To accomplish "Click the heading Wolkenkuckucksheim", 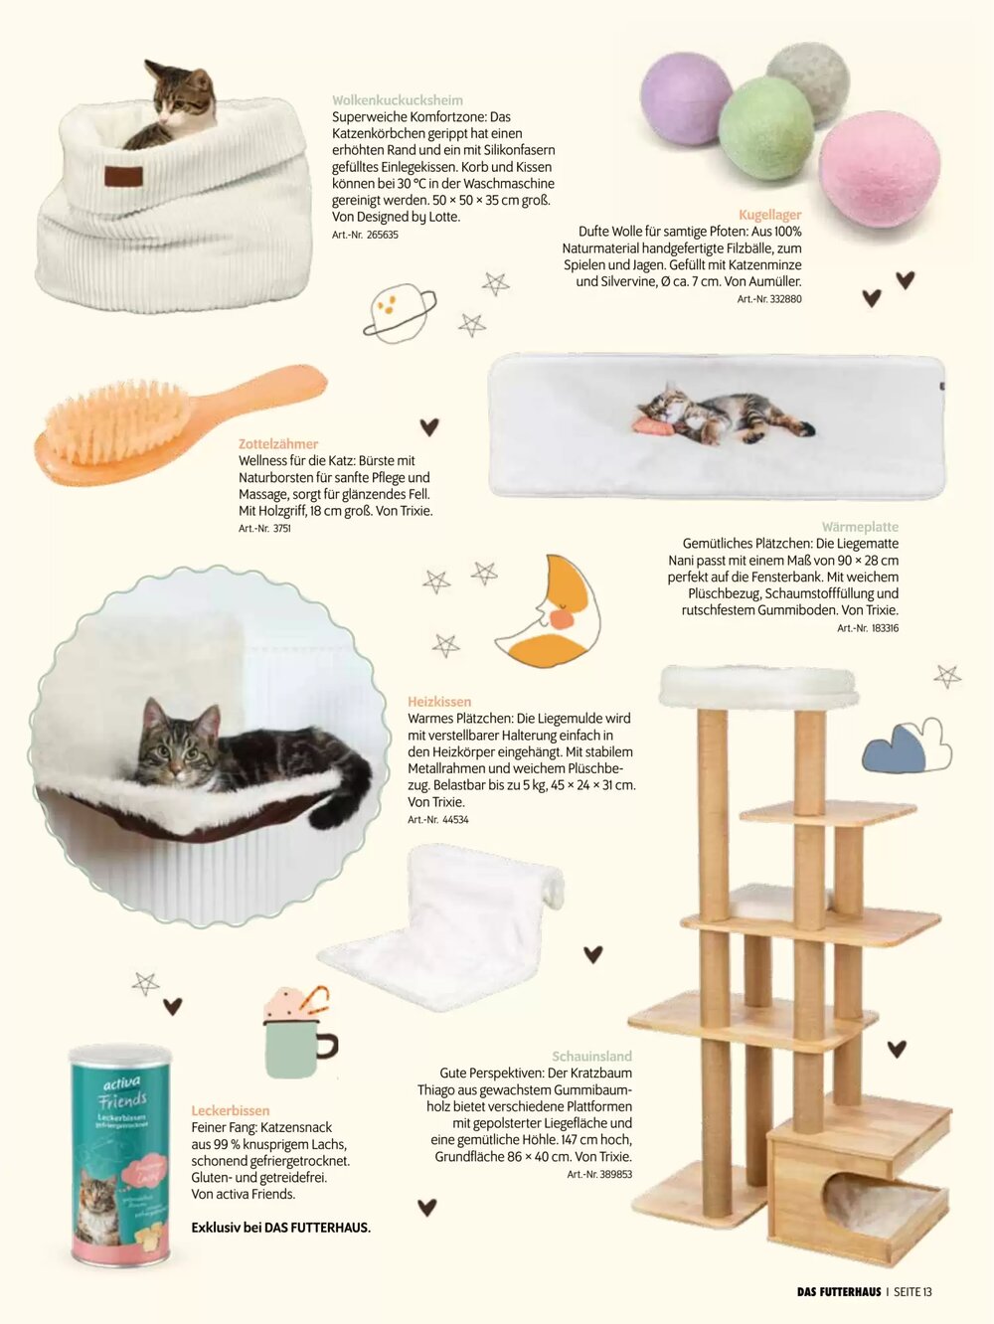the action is [398, 100].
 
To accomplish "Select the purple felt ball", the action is [686, 98].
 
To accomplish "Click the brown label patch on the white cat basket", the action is [123, 176].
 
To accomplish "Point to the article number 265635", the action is [365, 235].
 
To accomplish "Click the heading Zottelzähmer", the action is [278, 444].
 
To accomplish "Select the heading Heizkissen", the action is [439, 702].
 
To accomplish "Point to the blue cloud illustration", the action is [896, 750].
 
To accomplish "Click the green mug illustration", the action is [298, 1047].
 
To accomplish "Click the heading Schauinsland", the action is [591, 1057].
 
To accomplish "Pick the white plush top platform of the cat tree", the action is [758, 687].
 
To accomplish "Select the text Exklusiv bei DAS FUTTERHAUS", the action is [281, 1228].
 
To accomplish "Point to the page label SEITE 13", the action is [912, 1291].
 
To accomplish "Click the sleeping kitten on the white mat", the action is [723, 413].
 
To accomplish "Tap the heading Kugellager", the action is [770, 214].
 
